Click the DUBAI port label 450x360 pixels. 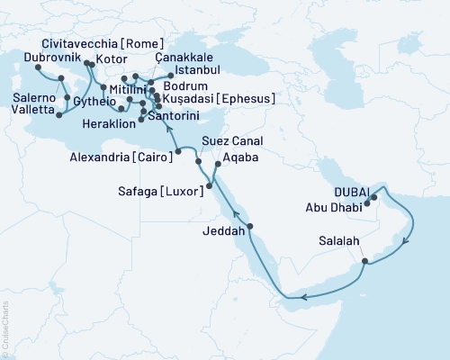pyautogui.click(x=354, y=192)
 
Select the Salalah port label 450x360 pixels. pyautogui.click(x=339, y=240)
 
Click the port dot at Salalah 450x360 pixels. pyautogui.click(x=364, y=262)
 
